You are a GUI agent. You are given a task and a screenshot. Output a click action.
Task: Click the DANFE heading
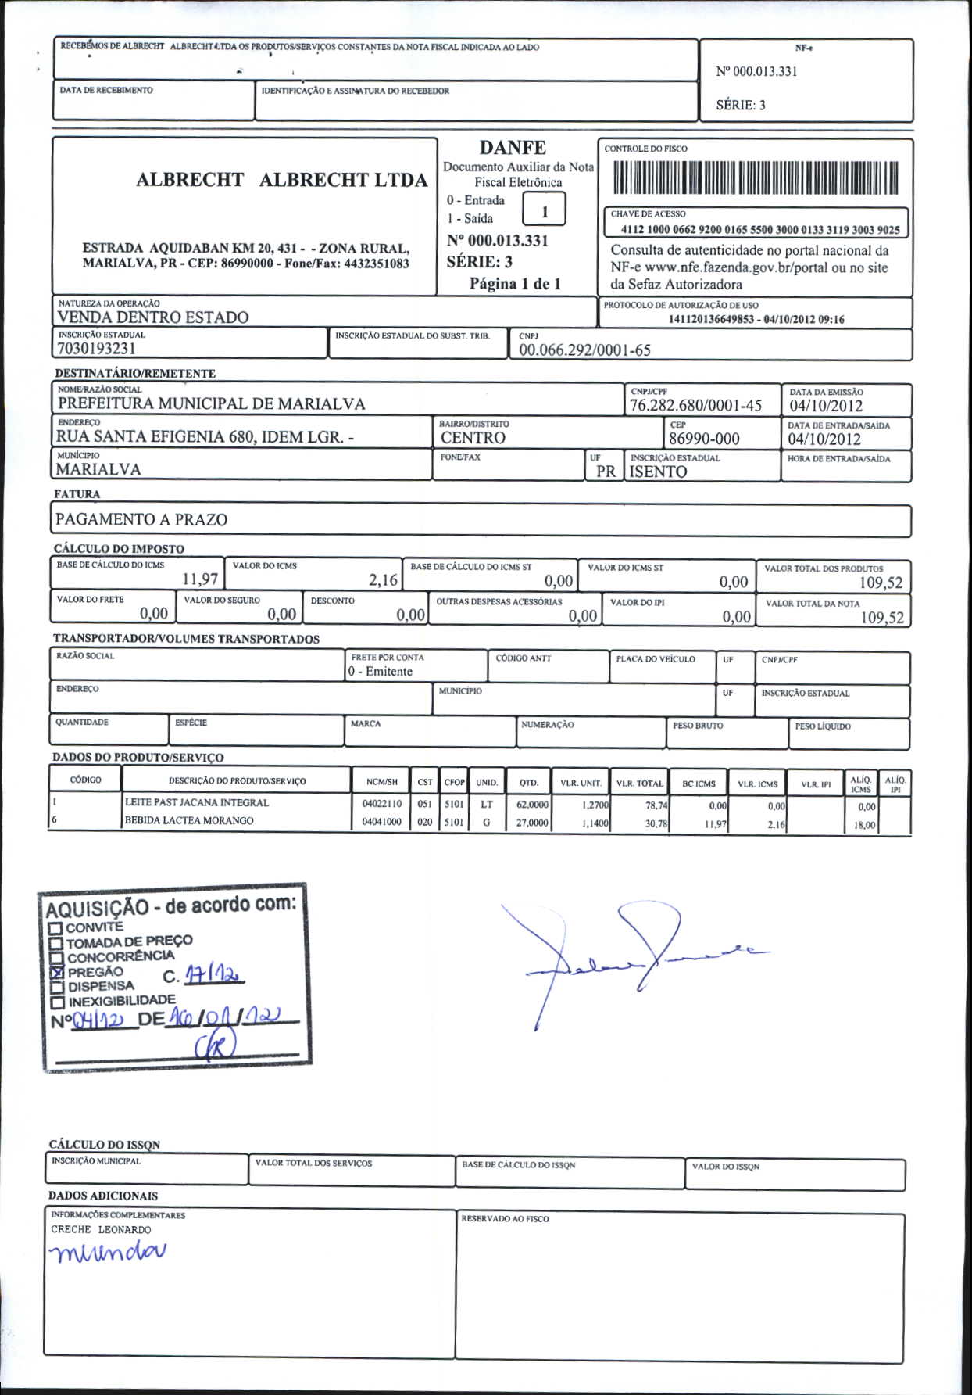pos(513,147)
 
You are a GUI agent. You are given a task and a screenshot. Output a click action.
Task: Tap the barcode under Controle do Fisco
pos(756,178)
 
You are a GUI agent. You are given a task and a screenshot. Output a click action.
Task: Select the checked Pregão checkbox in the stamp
pos(56,973)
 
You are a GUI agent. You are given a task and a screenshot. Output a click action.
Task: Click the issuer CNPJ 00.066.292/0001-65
pos(584,350)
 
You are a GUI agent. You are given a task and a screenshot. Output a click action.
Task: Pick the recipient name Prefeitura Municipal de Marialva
pos(211,403)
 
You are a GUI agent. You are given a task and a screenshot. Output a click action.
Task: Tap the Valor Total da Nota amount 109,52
pos(882,618)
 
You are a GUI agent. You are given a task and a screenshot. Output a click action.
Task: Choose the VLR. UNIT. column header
pos(581,783)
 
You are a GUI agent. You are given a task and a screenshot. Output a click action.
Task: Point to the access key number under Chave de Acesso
pos(759,230)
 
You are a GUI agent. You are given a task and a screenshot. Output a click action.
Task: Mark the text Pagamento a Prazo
pos(141,519)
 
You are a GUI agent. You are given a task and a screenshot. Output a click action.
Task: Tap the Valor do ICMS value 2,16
pos(383,580)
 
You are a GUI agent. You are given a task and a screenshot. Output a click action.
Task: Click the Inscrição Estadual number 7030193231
pos(97,349)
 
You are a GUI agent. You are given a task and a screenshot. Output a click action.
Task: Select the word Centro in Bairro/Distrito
pos(473,438)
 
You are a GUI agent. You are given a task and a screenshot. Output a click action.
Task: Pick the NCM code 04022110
pos(382,804)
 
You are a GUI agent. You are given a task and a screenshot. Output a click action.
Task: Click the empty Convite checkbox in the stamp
pos(55,928)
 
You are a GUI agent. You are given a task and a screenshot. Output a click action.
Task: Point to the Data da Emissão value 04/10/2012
pos(826,405)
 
